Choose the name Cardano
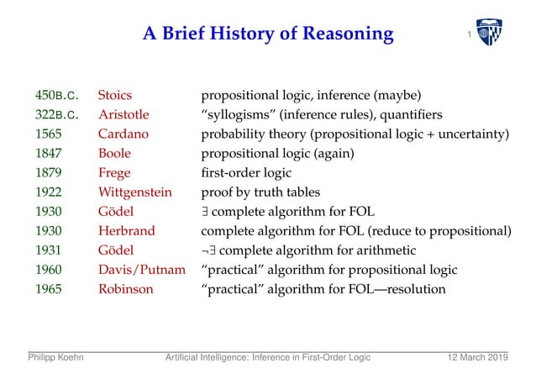tap(123, 134)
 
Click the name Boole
tap(114, 154)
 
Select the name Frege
tap(114, 173)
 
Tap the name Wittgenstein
tap(135, 192)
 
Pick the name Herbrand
tap(126, 231)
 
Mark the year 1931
tap(48, 250)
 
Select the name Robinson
tap(125, 289)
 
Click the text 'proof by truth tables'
tap(260, 192)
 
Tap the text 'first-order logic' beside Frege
tap(245, 173)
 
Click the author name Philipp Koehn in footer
tap(55, 360)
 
